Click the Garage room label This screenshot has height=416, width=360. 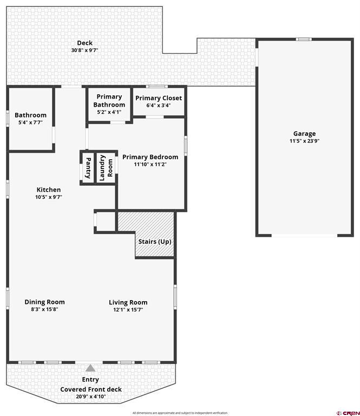(x=304, y=134)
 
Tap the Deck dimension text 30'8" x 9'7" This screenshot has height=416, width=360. (x=84, y=50)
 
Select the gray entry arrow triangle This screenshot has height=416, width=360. (x=90, y=368)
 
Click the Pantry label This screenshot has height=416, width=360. (x=88, y=168)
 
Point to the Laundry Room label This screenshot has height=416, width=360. (x=106, y=168)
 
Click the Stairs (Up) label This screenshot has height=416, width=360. (x=155, y=242)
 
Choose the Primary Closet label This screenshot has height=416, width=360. (x=159, y=98)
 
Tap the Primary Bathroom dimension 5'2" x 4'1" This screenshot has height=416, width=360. (x=109, y=112)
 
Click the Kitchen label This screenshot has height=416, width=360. (x=49, y=190)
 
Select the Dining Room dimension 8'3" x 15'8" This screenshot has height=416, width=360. (x=44, y=309)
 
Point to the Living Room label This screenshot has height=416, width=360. (x=128, y=302)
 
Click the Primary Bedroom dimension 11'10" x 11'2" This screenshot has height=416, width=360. (x=150, y=164)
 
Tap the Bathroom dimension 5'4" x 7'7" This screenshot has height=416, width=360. (x=30, y=122)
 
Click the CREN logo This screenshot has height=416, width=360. (x=348, y=413)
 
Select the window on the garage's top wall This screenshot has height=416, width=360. (x=304, y=39)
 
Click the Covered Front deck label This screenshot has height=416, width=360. (x=91, y=389)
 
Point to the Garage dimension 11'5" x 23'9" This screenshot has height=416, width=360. (x=304, y=141)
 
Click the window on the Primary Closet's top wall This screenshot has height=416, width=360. (x=156, y=86)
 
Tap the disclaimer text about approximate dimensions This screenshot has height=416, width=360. (x=180, y=413)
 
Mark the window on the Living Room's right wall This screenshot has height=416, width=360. (x=175, y=297)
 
